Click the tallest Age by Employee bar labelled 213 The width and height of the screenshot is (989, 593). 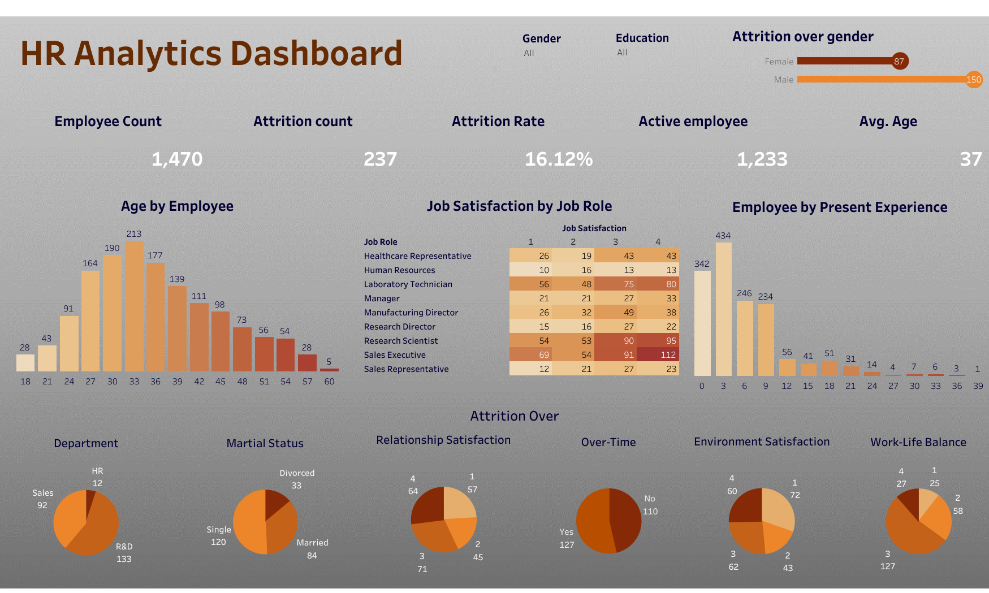point(134,306)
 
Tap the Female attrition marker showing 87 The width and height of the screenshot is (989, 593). point(900,61)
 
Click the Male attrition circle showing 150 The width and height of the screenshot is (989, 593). point(974,80)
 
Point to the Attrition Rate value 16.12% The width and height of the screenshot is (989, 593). point(559,159)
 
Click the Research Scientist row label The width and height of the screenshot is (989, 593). point(401,341)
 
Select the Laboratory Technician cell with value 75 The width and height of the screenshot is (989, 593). point(615,284)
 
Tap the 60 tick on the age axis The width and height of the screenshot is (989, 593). point(329,382)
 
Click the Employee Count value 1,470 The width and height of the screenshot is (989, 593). point(177,159)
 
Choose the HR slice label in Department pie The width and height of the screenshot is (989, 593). point(97,471)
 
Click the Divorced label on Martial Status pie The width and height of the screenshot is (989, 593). point(297,473)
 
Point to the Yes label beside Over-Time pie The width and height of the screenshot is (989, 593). point(567,532)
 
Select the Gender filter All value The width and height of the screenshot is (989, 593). point(529,53)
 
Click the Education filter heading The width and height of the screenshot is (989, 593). point(642,38)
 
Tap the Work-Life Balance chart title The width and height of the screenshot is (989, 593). point(918,442)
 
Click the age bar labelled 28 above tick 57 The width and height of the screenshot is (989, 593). point(307,362)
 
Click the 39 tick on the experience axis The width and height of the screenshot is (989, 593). point(978,386)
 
